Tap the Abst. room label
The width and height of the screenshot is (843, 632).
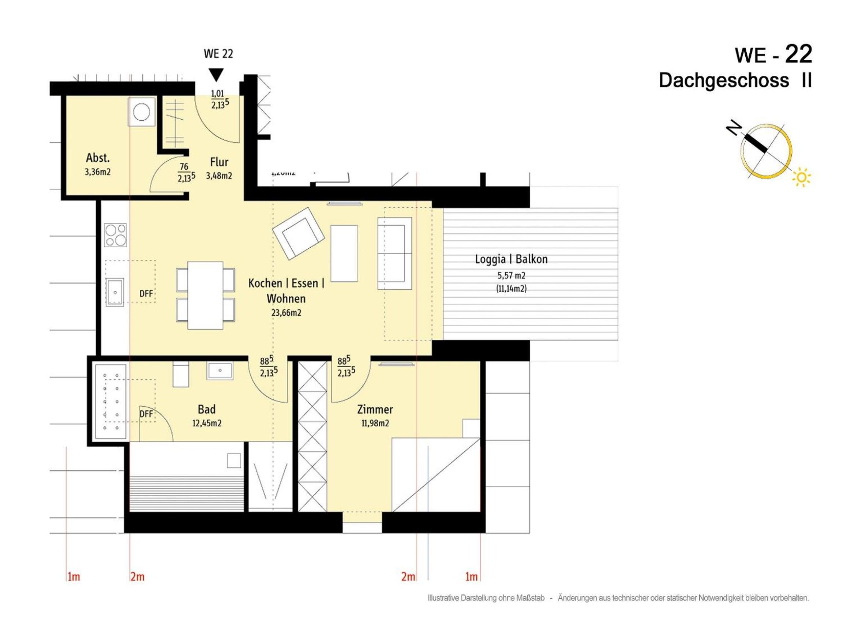(98, 157)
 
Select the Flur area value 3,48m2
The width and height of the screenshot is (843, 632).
(219, 176)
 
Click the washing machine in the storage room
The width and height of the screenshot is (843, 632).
(142, 112)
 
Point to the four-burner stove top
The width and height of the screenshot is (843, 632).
(116, 235)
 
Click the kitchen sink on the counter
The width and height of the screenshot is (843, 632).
(115, 292)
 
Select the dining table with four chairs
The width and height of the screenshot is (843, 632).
(205, 295)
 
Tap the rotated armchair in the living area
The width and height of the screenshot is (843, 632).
(299, 233)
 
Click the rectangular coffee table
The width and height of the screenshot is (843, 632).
(344, 253)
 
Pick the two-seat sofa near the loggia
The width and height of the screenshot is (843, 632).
(394, 253)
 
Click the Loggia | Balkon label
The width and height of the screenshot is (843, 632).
(511, 259)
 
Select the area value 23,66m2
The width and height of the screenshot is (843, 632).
(286, 313)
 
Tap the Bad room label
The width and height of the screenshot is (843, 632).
(207, 409)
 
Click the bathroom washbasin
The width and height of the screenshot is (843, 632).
(220, 370)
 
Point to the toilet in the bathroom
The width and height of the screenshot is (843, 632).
(181, 374)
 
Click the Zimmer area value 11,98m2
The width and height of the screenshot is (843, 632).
(375, 423)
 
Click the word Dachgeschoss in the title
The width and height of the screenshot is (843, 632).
(724, 80)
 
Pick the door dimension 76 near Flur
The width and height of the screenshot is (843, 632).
(184, 166)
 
